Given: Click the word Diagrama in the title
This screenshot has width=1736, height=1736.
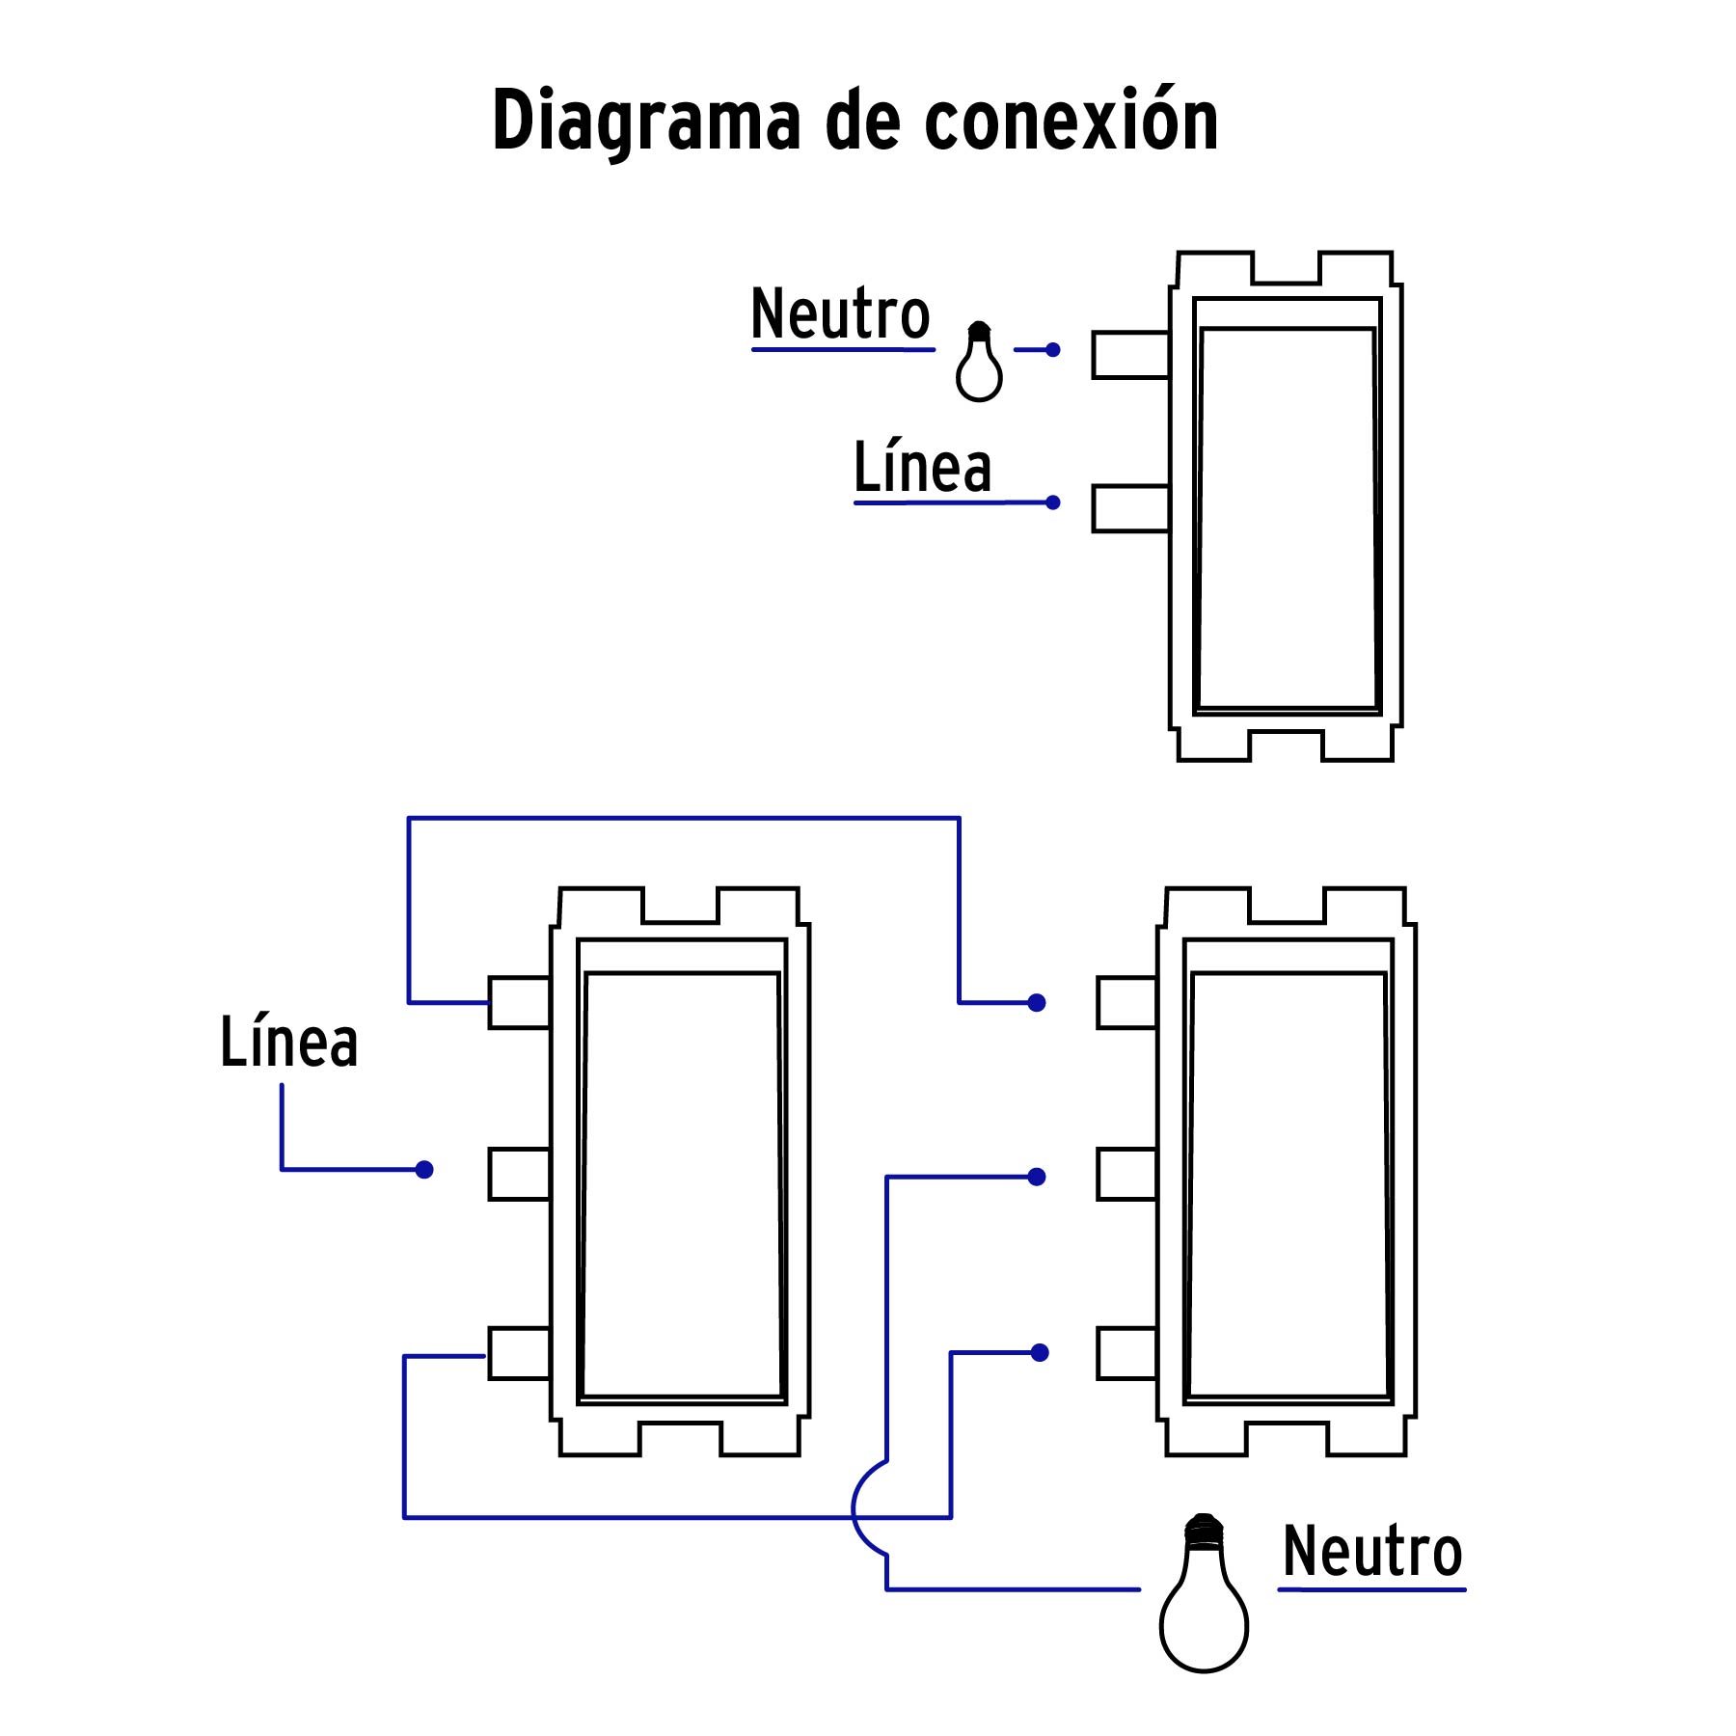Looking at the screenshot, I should (x=646, y=122).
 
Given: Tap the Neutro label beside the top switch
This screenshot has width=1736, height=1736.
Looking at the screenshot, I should (x=840, y=314).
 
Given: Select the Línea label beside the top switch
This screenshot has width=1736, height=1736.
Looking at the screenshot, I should (x=922, y=469).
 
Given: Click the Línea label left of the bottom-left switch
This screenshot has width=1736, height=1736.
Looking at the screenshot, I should (x=288, y=1043).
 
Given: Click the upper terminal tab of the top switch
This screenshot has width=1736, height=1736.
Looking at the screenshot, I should (x=1130, y=355).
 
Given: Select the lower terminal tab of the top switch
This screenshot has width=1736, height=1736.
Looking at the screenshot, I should (x=1130, y=508).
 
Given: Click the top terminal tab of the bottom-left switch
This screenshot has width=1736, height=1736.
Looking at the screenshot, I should (x=519, y=1003).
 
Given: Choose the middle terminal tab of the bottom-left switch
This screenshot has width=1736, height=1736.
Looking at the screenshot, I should (x=519, y=1174).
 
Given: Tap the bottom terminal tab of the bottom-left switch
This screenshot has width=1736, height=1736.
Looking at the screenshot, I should (x=519, y=1353).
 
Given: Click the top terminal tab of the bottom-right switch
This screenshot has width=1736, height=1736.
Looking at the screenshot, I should (x=1126, y=1003).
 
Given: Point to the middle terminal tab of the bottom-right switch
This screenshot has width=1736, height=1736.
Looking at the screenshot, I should (x=1126, y=1174).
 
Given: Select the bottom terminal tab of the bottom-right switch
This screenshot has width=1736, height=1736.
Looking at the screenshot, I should (x=1126, y=1353).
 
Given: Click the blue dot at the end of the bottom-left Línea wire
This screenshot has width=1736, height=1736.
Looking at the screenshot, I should (x=424, y=1170).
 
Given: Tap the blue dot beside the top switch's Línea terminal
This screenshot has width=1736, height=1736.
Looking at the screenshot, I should (x=1052, y=502).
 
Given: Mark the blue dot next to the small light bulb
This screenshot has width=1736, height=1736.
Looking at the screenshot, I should (x=1052, y=350).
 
